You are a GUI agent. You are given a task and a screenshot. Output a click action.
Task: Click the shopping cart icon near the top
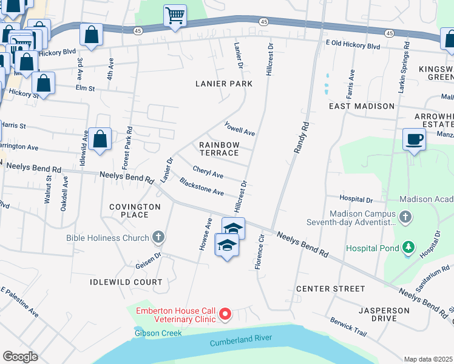[175, 15]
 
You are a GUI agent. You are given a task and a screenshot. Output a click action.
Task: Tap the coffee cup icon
[414, 140]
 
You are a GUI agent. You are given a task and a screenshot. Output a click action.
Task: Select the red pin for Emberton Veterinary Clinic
[225, 314]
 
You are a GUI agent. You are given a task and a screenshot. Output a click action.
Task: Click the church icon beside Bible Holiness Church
[158, 237]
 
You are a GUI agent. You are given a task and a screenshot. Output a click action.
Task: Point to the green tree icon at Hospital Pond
[409, 248]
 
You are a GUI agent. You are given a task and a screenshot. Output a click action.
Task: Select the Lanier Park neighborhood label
[219, 83]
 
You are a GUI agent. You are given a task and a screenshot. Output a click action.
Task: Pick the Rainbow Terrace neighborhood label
[219, 149]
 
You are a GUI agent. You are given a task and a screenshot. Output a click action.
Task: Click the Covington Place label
[135, 211]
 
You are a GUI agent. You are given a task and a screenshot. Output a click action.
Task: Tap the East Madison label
[362, 106]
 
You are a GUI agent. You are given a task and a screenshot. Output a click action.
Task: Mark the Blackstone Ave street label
[202, 186]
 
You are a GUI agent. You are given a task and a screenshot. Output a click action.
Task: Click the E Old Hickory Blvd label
[353, 46]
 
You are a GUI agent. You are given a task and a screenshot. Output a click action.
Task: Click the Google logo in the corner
[20, 357]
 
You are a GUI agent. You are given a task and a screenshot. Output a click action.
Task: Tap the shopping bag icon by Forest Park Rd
[100, 139]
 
